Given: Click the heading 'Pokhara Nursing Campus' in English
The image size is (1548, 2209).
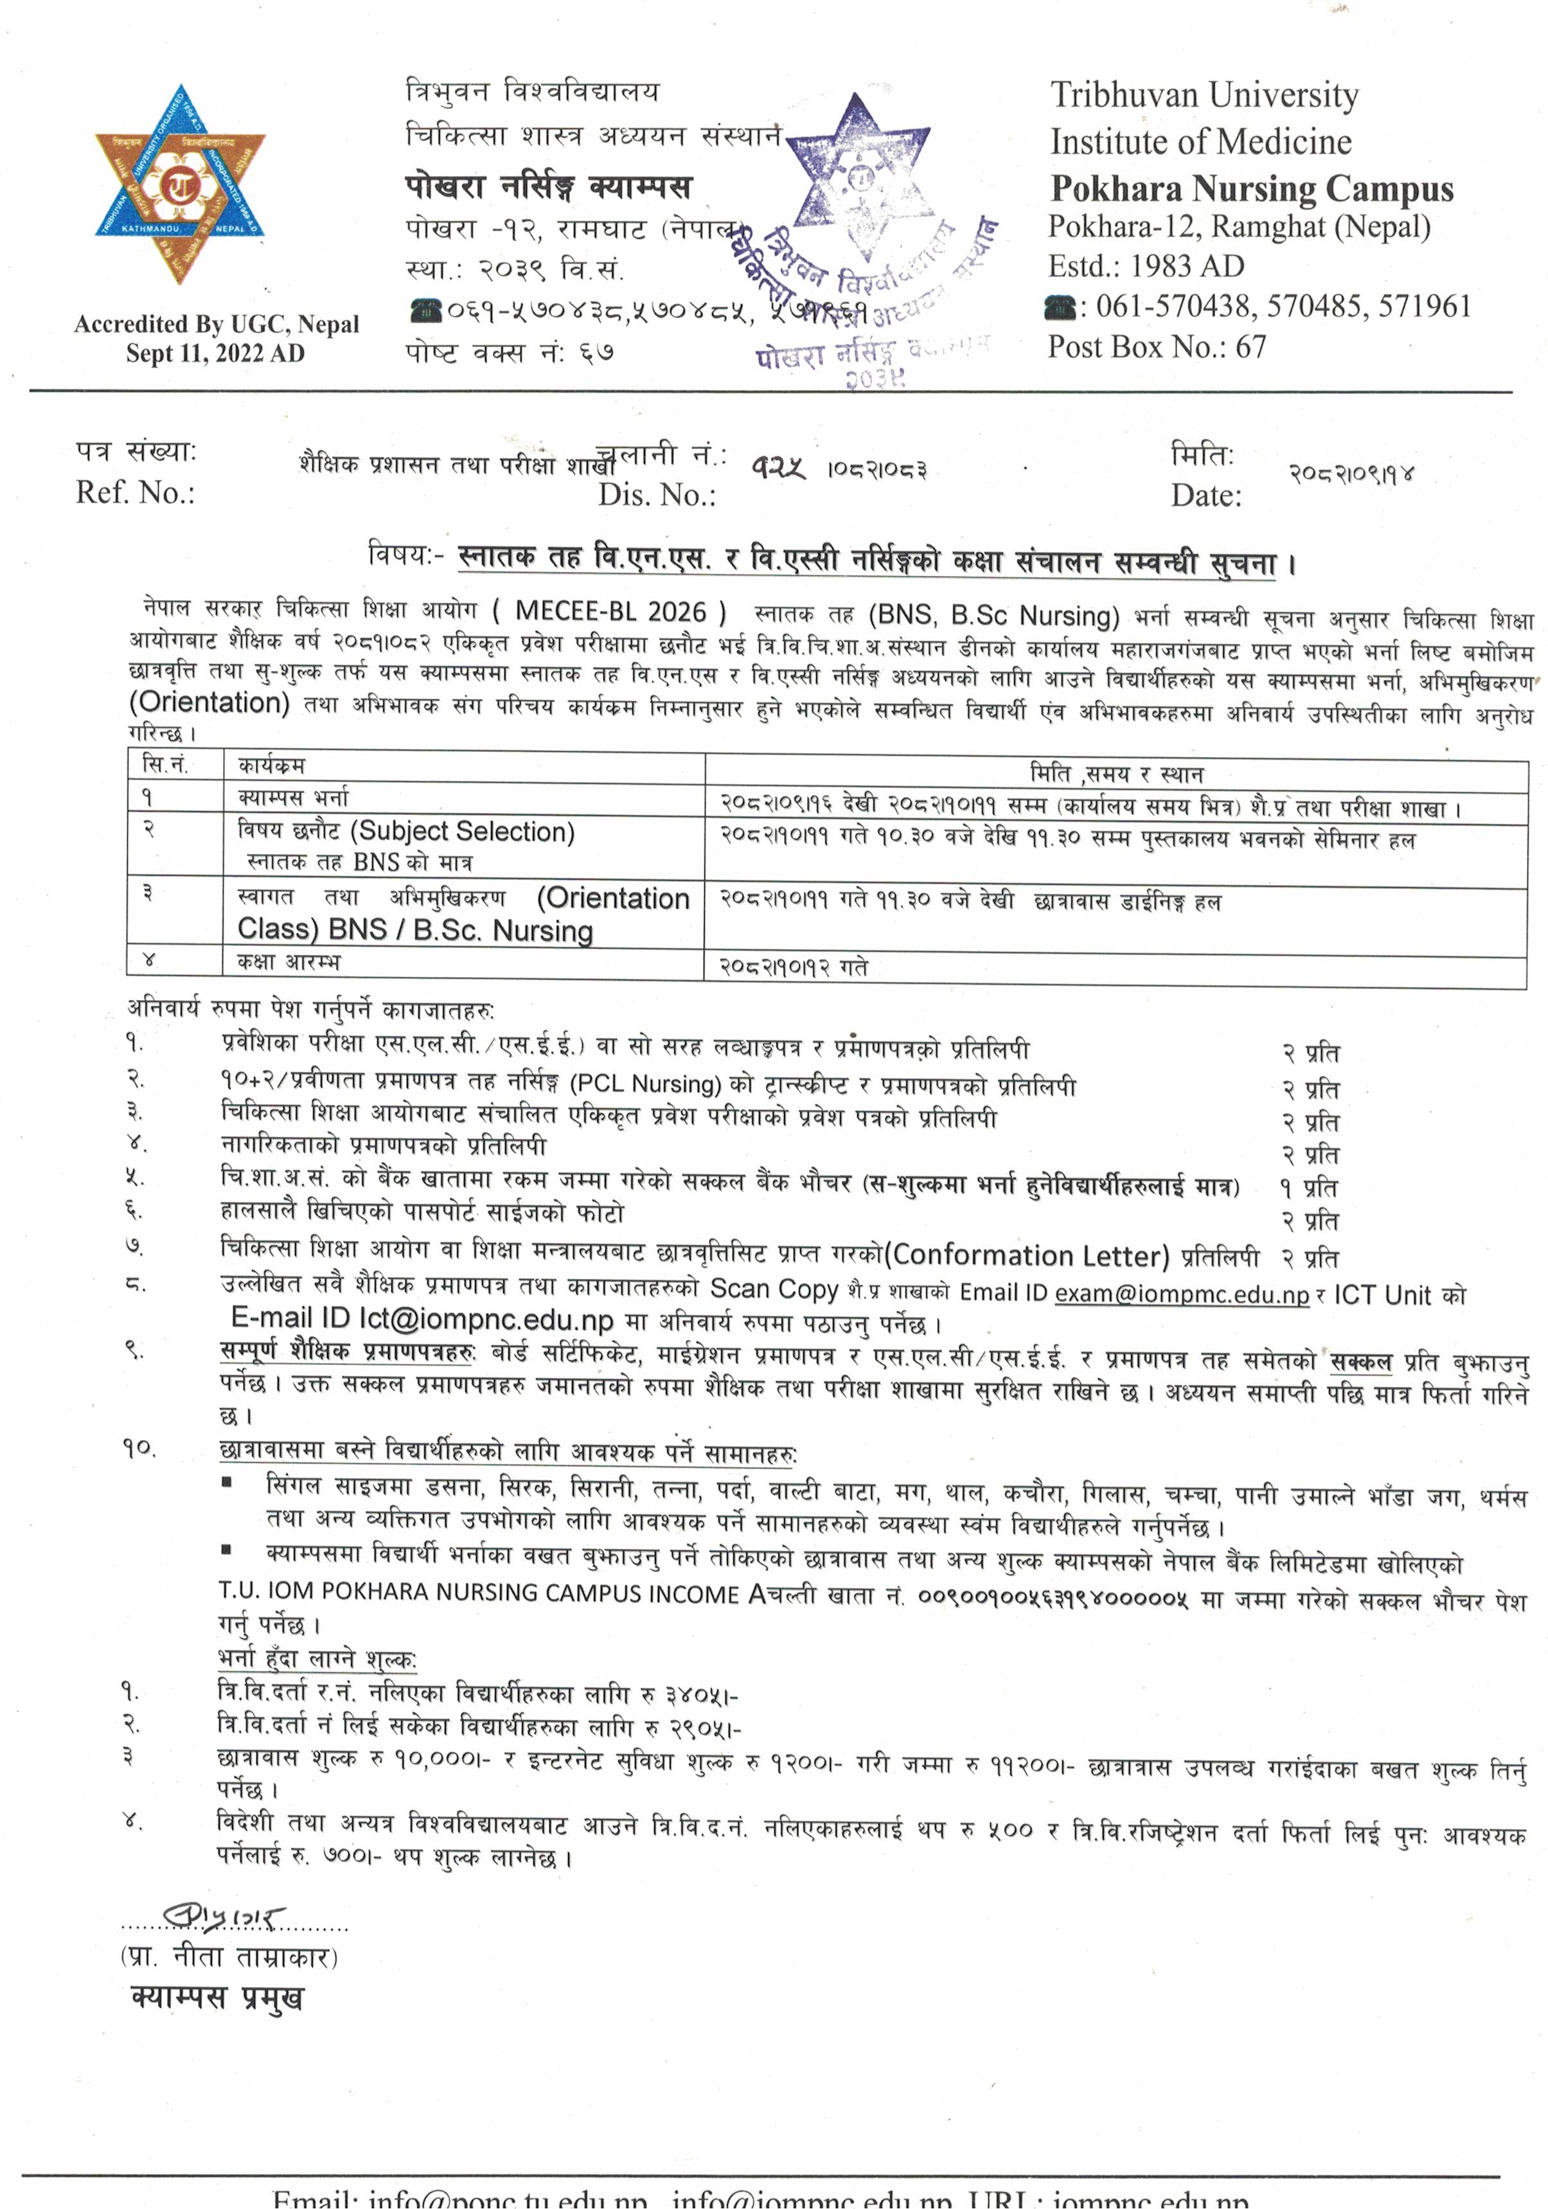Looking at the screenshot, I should tap(1250, 188).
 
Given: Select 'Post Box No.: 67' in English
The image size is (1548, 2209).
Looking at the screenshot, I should tap(1157, 346).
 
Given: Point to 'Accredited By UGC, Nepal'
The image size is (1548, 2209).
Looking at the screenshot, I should tap(217, 324).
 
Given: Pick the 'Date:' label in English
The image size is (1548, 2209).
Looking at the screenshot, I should tap(1205, 496).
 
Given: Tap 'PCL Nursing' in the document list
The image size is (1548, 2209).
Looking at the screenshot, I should tap(646, 1084).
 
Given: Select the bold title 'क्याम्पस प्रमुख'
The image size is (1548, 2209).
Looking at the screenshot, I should tap(217, 1998).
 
